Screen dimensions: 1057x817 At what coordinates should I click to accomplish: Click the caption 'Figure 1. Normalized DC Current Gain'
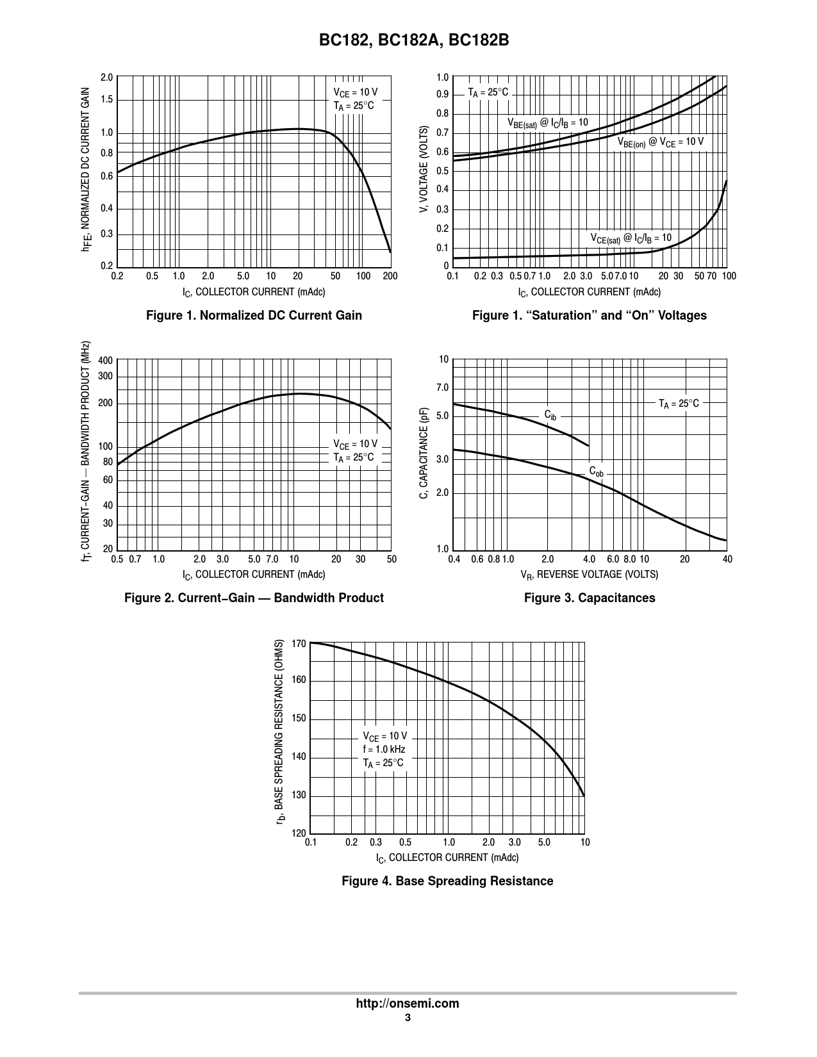[254, 315]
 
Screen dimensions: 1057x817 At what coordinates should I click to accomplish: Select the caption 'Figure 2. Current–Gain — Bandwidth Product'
[254, 598]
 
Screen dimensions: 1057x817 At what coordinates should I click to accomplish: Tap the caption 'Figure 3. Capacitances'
[590, 598]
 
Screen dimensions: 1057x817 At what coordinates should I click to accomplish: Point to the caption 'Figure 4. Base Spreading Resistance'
[447, 881]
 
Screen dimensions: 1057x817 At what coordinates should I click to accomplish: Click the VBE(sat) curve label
[547, 123]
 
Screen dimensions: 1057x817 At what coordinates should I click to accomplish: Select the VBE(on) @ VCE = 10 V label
[660, 142]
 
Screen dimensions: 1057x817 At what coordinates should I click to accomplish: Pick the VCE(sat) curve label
[631, 238]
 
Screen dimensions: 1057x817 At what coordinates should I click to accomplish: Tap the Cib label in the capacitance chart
[550, 415]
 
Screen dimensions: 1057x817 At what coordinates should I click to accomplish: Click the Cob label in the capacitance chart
[596, 472]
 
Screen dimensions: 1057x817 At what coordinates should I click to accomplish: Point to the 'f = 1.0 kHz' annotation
[384, 750]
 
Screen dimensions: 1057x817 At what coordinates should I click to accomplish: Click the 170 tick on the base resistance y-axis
[299, 643]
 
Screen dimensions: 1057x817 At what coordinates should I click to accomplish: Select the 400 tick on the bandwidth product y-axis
[106, 361]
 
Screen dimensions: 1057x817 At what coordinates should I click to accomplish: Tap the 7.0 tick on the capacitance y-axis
[442, 388]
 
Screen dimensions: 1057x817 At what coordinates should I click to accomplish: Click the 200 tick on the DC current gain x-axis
[390, 276]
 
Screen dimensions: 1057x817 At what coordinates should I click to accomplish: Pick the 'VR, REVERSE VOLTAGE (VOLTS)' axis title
[589, 575]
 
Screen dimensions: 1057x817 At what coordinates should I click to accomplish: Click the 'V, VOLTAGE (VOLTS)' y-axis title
[424, 170]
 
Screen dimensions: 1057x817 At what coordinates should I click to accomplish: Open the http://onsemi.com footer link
[408, 1004]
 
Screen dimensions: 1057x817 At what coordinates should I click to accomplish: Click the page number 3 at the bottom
[408, 1019]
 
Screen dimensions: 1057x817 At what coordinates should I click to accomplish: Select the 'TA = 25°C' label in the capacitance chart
[679, 404]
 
